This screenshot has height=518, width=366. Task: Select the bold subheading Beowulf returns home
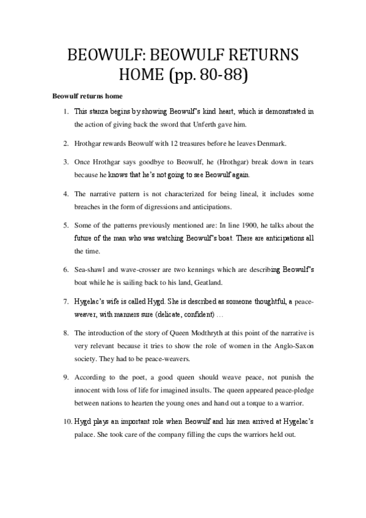click(87, 97)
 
